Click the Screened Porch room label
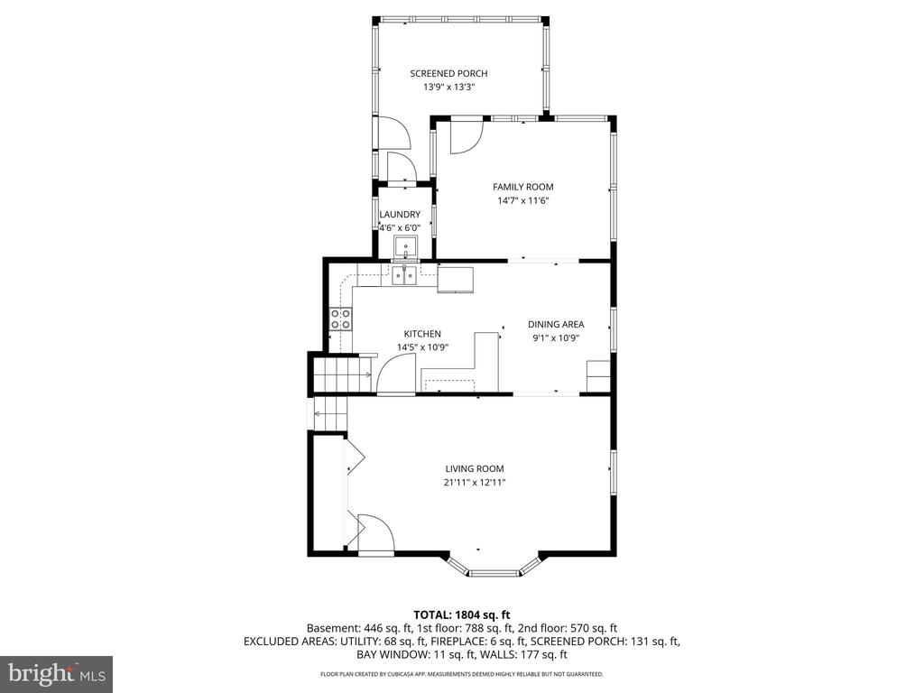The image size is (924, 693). (x=448, y=74)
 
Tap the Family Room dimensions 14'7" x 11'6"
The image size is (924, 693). (x=523, y=201)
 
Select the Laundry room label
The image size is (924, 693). (x=400, y=214)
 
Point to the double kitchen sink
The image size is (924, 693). (x=403, y=275)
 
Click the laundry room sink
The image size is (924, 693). (x=405, y=246)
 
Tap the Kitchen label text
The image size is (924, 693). (x=422, y=334)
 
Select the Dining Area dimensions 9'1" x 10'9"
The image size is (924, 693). (x=556, y=337)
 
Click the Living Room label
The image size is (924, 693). (x=474, y=468)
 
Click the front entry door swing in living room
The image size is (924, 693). (x=373, y=532)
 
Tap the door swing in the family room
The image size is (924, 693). (x=466, y=136)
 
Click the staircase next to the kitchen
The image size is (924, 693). (x=341, y=374)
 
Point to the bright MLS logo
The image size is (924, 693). (x=56, y=673)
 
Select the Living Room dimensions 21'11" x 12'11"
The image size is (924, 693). (x=474, y=483)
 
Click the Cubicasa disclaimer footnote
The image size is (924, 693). (x=461, y=674)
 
